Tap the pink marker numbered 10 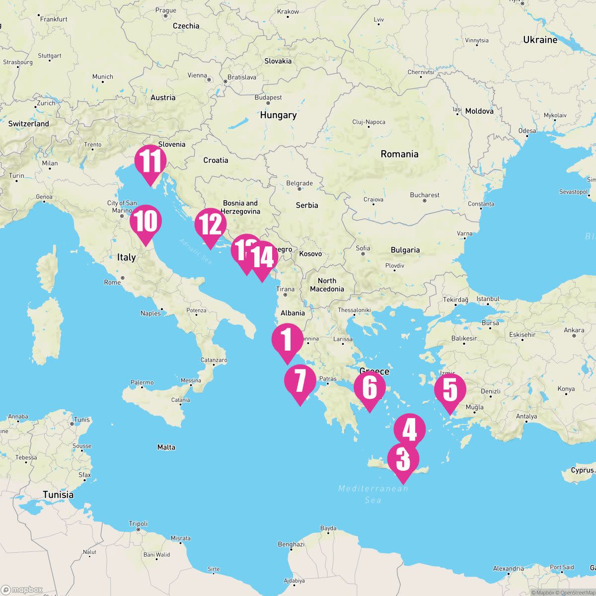tap(146, 222)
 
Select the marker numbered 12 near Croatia tap(211, 224)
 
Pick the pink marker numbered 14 tap(263, 257)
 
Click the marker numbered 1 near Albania tap(287, 340)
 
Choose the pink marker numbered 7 tap(300, 381)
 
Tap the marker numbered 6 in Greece tap(370, 387)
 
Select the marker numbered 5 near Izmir tap(450, 389)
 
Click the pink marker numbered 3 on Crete tap(403, 459)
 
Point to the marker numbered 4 tap(410, 430)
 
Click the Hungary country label tap(278, 115)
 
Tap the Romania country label tap(399, 154)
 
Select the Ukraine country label tap(540, 40)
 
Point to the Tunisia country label tap(58, 495)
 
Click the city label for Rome tap(113, 282)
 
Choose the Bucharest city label tap(425, 195)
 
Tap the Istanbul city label tap(488, 299)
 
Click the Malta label tap(166, 447)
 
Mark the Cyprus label tap(582, 470)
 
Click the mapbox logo tap(22, 590)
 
